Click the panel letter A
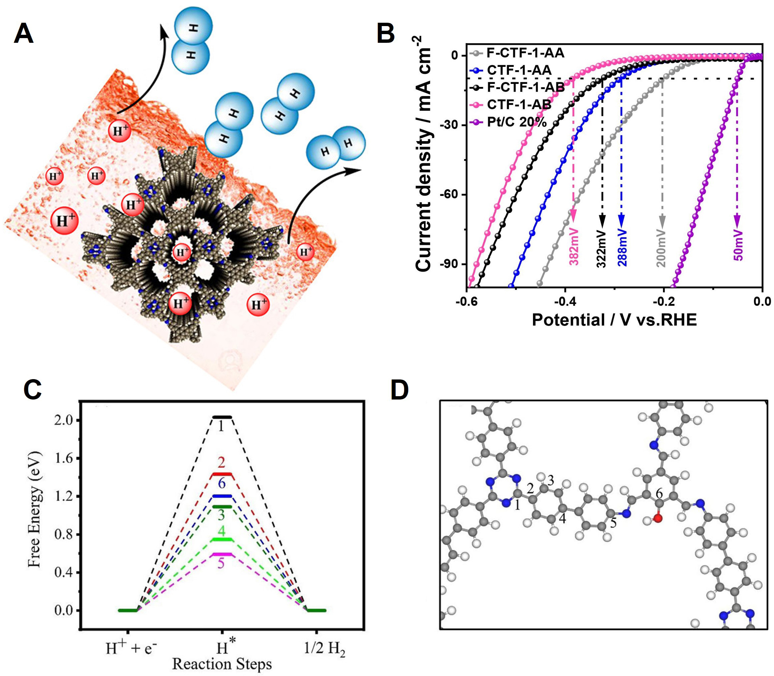click(23, 34)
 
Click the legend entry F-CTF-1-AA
click(525, 53)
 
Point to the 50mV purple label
click(738, 245)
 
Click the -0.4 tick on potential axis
click(565, 302)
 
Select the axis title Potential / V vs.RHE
click(614, 320)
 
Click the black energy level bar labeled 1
click(222, 417)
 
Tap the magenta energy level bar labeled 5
click(222, 554)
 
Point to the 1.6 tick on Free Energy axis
click(65, 458)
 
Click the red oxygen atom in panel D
click(658, 518)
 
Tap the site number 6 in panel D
click(659, 493)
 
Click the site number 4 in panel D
click(562, 518)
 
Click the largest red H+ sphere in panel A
click(65, 220)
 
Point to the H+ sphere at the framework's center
click(182, 252)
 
